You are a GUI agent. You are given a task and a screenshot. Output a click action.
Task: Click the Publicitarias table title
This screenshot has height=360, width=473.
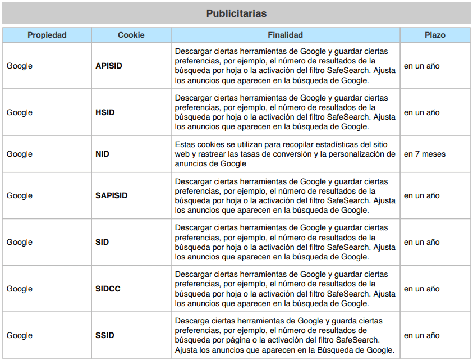coord(236,13)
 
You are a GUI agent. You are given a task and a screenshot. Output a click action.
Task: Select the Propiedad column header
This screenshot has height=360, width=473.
coord(47,35)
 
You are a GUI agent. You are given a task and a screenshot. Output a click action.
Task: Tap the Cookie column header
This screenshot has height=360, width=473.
coord(131,35)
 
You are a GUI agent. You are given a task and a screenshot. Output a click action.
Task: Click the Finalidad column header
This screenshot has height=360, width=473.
coord(285,35)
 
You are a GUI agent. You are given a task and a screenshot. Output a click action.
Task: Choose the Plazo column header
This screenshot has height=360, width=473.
coord(435,35)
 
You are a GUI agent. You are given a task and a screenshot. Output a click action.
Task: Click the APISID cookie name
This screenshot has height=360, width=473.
coord(109,66)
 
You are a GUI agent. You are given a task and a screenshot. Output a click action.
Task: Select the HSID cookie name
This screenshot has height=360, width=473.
coord(105,112)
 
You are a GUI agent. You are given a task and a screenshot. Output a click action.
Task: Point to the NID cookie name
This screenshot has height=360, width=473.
coord(103,154)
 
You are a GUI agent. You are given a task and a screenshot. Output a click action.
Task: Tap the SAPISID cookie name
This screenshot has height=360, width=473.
coord(112,195)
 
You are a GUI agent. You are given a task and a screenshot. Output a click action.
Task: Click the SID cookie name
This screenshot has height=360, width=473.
coord(102,242)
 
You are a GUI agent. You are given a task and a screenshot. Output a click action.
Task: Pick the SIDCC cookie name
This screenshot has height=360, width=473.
coord(108,289)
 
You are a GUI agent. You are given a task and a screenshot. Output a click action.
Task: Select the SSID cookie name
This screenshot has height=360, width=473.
coord(105,335)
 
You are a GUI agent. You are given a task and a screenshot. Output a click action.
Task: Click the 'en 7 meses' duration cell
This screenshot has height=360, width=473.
coord(425,154)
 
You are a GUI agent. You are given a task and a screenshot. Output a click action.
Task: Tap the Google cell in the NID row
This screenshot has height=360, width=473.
coord(20,154)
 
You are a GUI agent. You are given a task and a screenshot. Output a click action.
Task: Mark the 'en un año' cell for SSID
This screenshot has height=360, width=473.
coord(421,335)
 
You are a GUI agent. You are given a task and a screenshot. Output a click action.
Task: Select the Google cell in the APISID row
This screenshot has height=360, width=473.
coord(20,66)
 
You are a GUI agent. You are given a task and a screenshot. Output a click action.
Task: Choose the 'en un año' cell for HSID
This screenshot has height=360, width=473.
coord(421,112)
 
